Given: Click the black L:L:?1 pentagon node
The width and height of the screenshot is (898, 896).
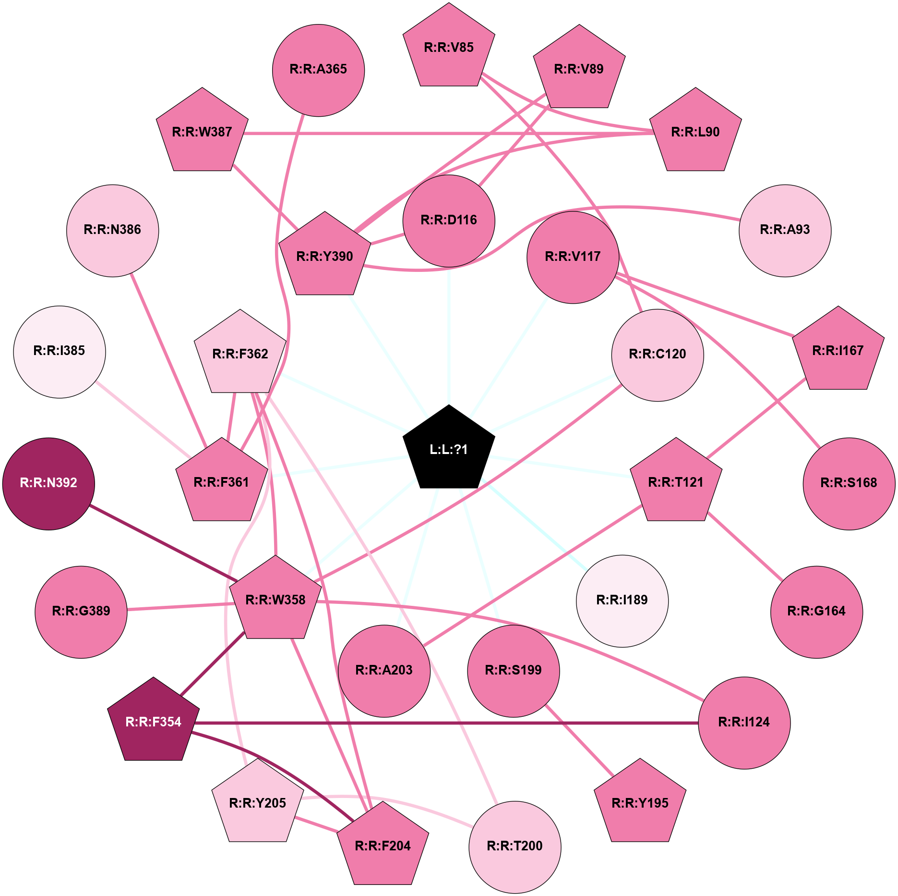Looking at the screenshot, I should pos(449,449).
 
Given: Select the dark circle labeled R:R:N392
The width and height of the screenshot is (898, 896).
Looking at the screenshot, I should pos(48,483).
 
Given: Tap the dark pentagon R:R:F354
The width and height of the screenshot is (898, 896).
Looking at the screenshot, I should pos(153,722).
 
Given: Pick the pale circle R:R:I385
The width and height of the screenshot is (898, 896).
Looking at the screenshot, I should pos(60,352).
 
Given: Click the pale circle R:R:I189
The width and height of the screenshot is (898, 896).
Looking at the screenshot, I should pos(622,601).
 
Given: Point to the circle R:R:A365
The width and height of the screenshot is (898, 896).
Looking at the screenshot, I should pos(318,70).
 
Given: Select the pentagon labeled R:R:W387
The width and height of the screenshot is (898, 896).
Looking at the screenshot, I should pos(202,132).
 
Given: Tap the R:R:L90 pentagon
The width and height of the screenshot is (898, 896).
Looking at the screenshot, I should pos(695,132).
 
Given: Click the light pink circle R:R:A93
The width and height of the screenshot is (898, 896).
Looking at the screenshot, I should pos(785,231).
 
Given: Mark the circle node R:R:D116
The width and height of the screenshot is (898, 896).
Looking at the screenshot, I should pos(449,221).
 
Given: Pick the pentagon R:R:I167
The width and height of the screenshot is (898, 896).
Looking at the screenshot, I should pos(838,351).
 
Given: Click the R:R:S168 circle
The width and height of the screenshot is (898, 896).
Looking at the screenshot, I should pos(849,483).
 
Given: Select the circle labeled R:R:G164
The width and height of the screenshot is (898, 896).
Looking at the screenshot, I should pos(816,612).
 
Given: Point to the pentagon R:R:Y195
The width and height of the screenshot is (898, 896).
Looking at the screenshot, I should pos(640,803).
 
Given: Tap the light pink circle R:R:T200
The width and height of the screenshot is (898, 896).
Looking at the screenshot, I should pos(515,847).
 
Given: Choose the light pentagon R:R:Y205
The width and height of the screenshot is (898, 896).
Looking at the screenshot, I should pos(258,803).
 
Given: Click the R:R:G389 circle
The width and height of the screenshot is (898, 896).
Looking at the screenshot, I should pos(81,612).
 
